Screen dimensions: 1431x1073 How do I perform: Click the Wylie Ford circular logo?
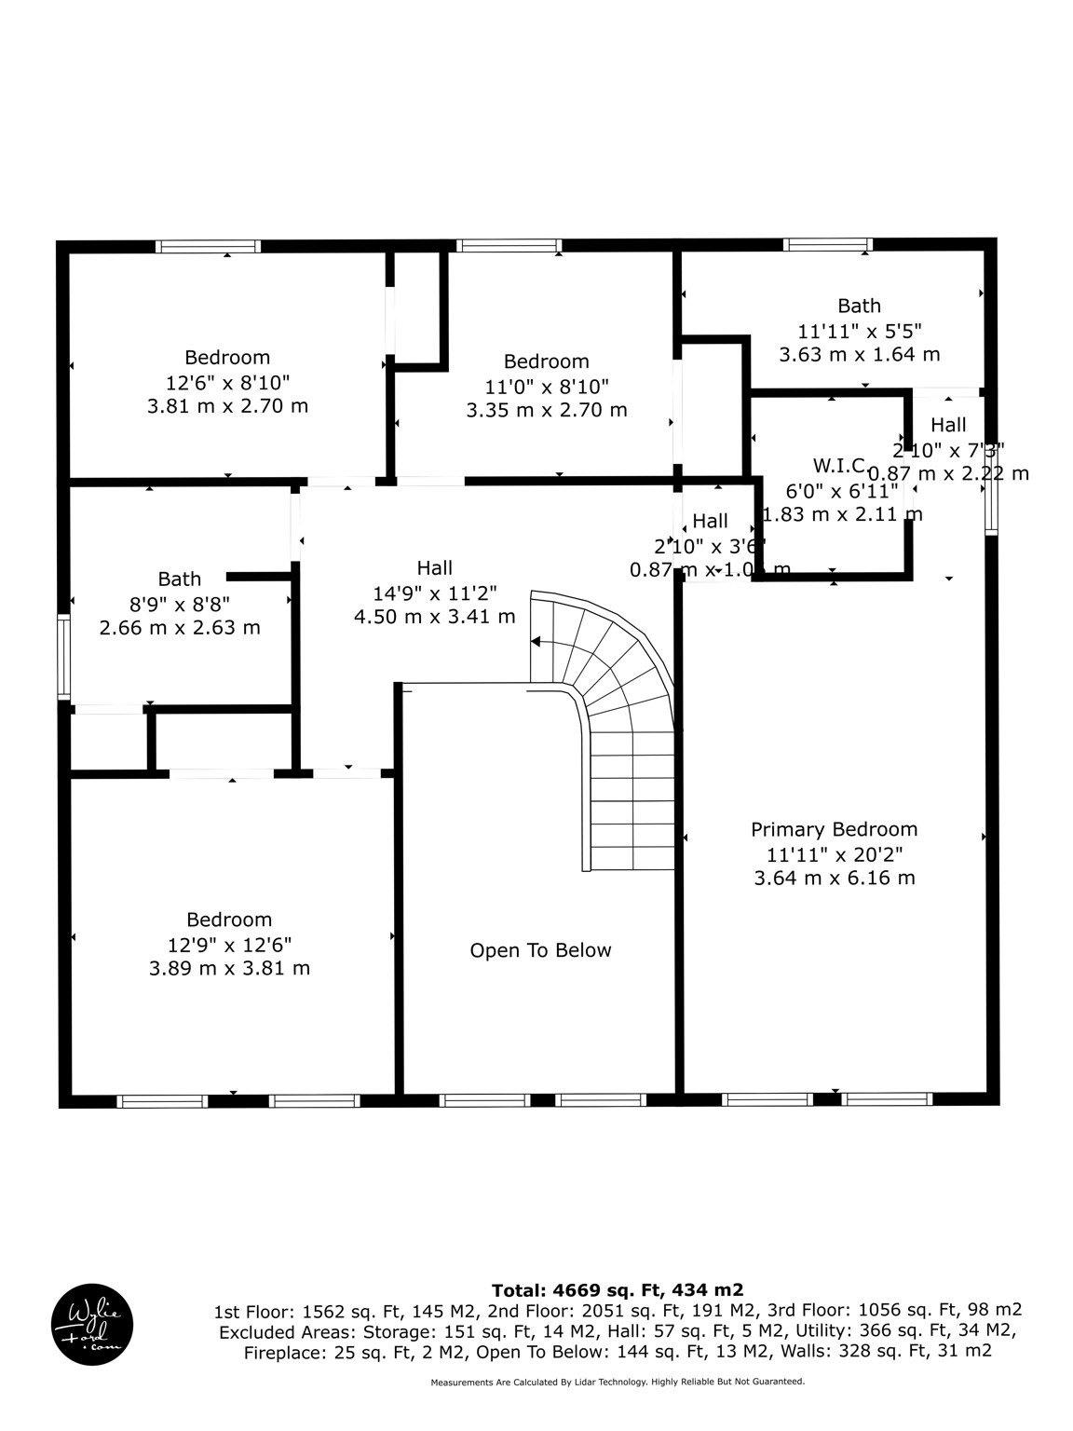[x=91, y=1325]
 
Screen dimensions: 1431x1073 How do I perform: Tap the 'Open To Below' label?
[x=540, y=950]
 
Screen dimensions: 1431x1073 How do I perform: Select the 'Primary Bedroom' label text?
[x=834, y=829]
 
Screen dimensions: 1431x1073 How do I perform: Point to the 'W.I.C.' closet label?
[x=839, y=465]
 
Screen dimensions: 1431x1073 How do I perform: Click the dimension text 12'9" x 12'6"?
[x=229, y=944]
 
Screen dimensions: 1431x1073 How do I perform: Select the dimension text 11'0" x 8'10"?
[x=546, y=386]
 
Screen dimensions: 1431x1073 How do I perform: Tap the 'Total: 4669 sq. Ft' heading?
[x=618, y=1289]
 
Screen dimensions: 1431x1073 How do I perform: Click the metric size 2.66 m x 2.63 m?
[x=180, y=627]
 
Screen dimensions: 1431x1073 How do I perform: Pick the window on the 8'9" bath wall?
[x=63, y=656]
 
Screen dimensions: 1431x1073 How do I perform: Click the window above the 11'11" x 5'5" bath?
[x=828, y=245]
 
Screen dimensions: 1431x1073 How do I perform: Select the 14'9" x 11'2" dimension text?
[x=434, y=593]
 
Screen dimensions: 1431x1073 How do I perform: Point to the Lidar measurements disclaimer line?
[x=618, y=1382]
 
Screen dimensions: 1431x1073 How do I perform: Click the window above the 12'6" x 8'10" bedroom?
[x=208, y=247]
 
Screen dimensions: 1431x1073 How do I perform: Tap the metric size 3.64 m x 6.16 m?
[x=834, y=878]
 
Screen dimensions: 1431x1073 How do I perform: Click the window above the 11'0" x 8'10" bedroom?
[x=509, y=246]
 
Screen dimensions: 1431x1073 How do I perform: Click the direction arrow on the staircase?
[x=537, y=641]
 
